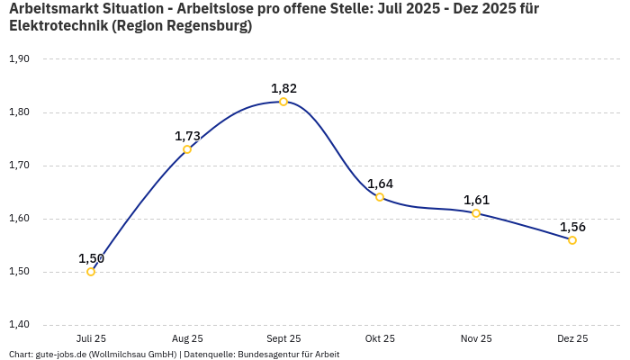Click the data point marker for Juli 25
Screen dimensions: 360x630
(x=91, y=272)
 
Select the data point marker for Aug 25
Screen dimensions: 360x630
(x=187, y=149)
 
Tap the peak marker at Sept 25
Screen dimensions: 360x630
(x=283, y=102)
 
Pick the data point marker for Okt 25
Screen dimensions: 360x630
(x=380, y=197)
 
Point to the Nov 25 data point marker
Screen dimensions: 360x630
(x=476, y=213)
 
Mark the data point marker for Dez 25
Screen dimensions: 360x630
(x=572, y=240)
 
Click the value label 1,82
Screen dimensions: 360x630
(x=283, y=88)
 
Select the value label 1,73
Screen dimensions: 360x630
(x=187, y=136)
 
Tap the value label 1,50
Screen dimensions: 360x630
(x=91, y=258)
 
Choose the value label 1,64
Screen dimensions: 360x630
(x=380, y=184)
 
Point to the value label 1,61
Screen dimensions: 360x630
(x=476, y=200)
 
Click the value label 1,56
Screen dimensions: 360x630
(x=572, y=227)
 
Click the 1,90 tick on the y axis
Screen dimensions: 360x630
(x=19, y=59)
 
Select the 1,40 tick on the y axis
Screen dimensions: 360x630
(x=19, y=325)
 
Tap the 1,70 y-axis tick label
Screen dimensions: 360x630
(x=19, y=166)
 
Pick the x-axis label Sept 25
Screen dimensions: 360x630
(x=283, y=338)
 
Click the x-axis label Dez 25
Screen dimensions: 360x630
(x=572, y=338)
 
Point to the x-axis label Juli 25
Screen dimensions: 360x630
(x=91, y=338)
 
